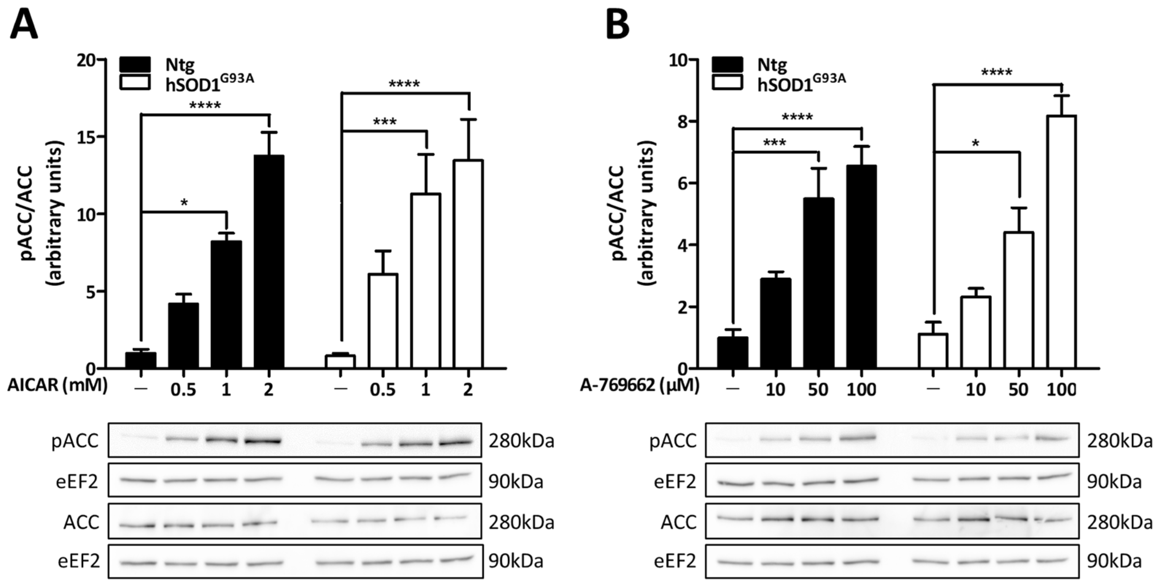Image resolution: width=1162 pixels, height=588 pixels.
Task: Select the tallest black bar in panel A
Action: pos(269,262)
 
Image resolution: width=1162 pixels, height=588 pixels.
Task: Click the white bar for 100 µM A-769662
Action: pos(1061,242)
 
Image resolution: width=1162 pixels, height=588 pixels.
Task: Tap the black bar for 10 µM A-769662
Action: pos(776,323)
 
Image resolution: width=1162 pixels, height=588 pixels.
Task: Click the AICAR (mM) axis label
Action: pos(57,386)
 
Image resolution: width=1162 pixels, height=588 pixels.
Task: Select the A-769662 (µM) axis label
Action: pos(640,386)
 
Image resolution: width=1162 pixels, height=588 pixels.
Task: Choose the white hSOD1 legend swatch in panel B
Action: pos(727,82)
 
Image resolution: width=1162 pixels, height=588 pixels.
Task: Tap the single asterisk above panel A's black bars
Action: pos(184,203)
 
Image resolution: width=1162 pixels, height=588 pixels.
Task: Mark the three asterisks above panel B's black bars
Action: pos(775,144)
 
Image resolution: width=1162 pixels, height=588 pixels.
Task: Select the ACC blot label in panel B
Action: pos(679,523)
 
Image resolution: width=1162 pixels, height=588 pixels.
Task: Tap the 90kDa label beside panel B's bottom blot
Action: pos(1114,561)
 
